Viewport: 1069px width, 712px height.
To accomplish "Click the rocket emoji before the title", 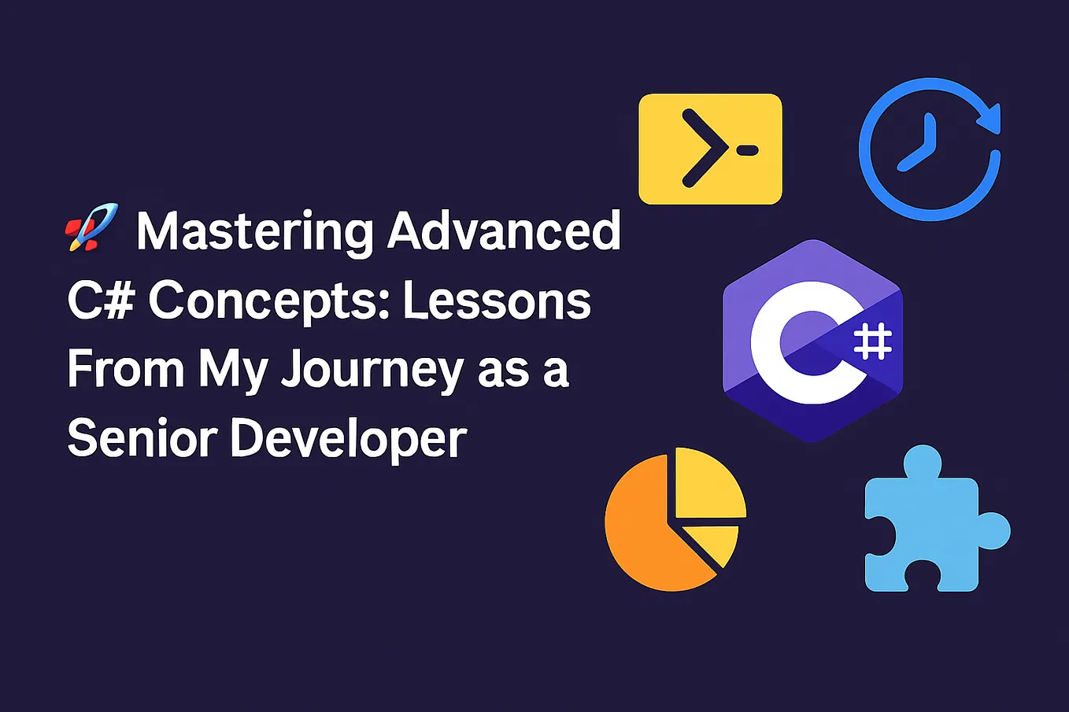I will coord(91,227).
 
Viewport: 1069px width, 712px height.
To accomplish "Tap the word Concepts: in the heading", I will coord(269,302).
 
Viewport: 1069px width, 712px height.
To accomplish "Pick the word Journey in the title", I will coord(372,370).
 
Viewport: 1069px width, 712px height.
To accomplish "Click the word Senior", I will coord(142,437).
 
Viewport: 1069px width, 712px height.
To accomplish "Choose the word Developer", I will coord(349,439).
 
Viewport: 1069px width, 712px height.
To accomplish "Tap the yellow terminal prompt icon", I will coord(710,149).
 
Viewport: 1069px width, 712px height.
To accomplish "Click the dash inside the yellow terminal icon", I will coord(748,149).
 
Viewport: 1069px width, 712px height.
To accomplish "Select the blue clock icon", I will coord(929,149).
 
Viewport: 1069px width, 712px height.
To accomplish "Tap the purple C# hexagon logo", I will coord(812,340).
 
